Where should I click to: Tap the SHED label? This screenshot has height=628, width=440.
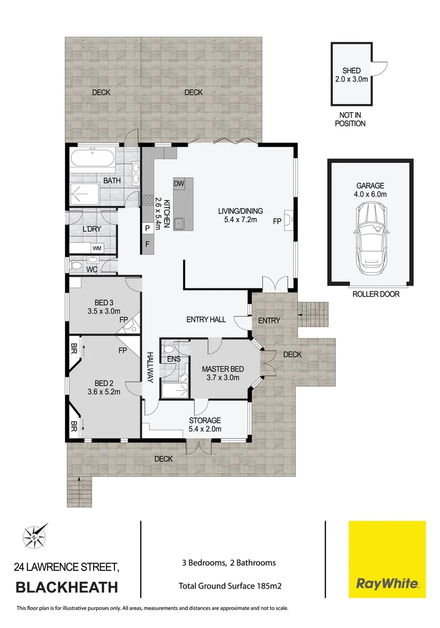[351, 71]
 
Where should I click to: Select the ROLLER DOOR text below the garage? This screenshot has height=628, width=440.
[376, 294]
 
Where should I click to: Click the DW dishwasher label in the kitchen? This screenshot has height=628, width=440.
[179, 183]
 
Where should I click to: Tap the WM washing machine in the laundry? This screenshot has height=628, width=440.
[96, 248]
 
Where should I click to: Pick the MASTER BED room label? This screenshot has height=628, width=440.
[223, 369]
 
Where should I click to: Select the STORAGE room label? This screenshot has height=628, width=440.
[205, 420]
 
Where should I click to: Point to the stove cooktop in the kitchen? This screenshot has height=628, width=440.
[148, 202]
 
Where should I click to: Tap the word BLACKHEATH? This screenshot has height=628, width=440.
[67, 587]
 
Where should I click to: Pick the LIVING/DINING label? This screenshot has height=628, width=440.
[237, 210]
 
